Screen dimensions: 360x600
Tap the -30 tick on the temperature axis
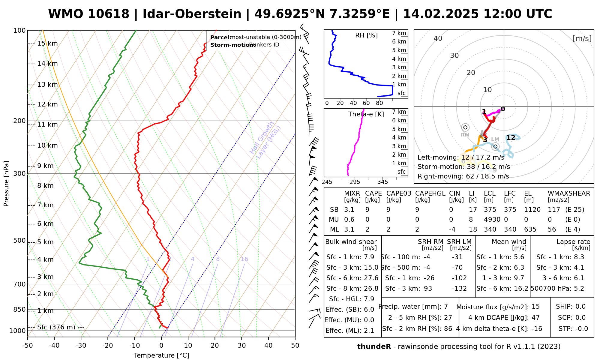coord(81,346)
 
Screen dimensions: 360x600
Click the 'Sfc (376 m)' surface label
coord(56,327)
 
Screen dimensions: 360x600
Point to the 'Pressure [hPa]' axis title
coord(6,184)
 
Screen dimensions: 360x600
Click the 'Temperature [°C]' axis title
coord(161,355)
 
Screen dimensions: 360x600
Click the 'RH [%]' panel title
coord(366,35)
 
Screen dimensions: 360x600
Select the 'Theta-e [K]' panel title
coord(366,114)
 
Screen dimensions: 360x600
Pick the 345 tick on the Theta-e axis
coord(382,182)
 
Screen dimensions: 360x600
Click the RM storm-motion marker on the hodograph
coord(465,127)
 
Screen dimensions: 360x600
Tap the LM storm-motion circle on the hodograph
coord(495,146)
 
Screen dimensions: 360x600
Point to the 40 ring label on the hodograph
coord(438,38)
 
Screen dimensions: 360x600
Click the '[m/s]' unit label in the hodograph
coord(582,38)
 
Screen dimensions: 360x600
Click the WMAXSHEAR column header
coord(569,193)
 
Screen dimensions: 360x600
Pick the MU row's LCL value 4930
coord(492,220)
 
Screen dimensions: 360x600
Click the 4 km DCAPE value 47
coord(535,318)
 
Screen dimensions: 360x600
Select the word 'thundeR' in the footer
coord(374,347)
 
